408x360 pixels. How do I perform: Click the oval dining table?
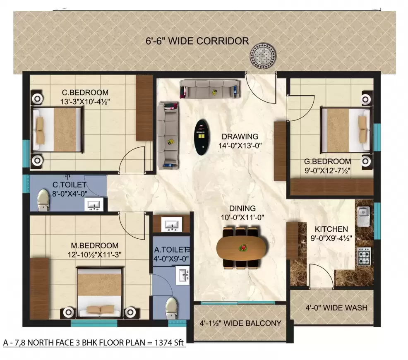pyautogui.click(x=242, y=247)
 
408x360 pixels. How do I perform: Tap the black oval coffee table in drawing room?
pyautogui.click(x=202, y=137)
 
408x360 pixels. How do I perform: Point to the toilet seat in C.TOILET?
pyautogui.click(x=43, y=200)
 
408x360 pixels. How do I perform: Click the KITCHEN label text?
pyautogui.click(x=331, y=229)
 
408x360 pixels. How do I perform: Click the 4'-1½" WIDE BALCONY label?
pyautogui.click(x=240, y=323)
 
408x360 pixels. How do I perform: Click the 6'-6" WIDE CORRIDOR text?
pyautogui.click(x=197, y=41)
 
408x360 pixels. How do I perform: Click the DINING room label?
pyautogui.click(x=243, y=208)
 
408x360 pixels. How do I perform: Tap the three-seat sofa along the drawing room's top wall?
pyautogui.click(x=209, y=88)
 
